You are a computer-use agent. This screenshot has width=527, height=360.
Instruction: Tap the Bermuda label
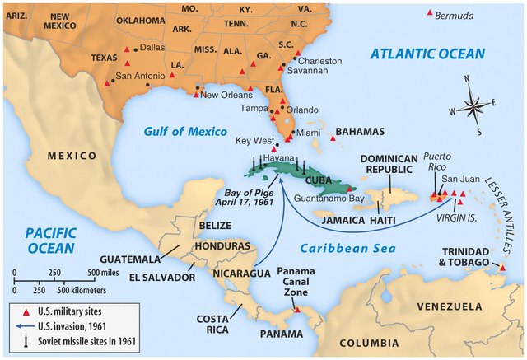click(457, 16)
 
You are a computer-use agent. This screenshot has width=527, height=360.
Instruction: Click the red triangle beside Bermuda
click(428, 14)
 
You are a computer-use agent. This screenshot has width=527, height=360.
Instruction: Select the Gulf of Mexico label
click(179, 131)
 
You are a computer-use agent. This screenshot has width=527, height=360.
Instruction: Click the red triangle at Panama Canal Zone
click(297, 311)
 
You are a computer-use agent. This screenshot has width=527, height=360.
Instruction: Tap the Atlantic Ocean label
click(427, 54)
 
